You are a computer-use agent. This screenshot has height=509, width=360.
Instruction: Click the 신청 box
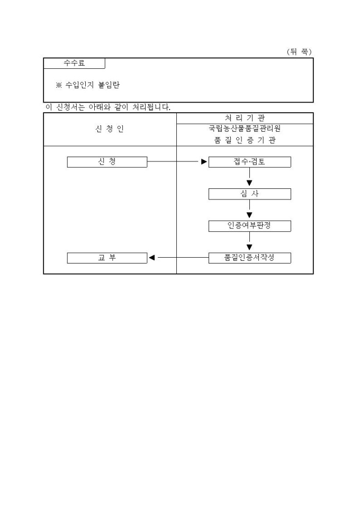[107, 162]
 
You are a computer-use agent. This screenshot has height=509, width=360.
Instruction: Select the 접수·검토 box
[249, 162]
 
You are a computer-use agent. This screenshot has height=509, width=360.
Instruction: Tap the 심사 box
[249, 194]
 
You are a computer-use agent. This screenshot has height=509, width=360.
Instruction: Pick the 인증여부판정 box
[249, 226]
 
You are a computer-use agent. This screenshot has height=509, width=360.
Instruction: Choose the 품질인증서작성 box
[249, 258]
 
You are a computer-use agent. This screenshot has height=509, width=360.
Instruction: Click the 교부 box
[107, 258]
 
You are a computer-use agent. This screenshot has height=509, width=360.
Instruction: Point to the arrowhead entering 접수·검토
[204, 162]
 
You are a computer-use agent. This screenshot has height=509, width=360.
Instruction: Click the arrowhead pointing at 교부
[152, 258]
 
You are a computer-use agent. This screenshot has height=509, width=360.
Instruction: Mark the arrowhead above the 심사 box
[249, 183]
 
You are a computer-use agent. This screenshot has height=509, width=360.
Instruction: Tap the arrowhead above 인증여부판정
[249, 215]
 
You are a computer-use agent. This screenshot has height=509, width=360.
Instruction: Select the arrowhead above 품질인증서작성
[249, 247]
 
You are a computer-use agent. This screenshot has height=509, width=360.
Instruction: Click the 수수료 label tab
[75, 63]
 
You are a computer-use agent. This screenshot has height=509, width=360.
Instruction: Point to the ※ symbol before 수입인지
[59, 85]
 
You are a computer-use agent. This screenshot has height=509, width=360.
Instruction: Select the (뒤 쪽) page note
[299, 52]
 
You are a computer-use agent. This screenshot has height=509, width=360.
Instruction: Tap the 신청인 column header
[110, 129]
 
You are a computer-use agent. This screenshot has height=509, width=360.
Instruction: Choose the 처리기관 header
[245, 118]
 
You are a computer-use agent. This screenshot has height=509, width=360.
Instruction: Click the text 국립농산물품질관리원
[245, 129]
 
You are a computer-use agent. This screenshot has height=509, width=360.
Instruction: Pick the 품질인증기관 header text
[245, 140]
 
